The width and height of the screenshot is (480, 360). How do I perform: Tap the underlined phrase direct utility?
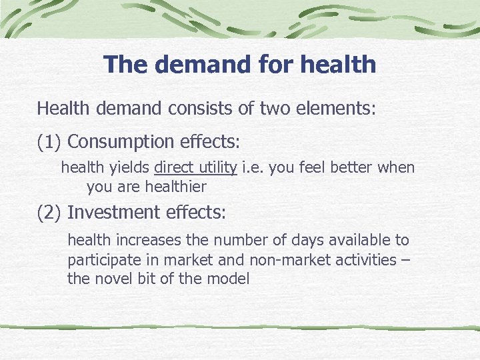(x=195, y=168)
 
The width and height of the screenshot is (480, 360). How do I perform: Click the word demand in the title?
(x=199, y=65)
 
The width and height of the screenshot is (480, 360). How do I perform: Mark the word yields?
(x=132, y=168)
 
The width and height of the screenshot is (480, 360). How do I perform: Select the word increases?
(x=138, y=240)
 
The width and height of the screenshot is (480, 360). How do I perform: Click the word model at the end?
(x=229, y=279)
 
